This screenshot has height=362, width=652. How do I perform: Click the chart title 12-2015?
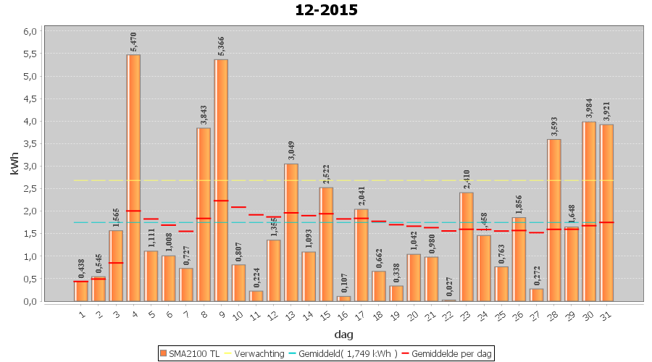[x=326, y=10]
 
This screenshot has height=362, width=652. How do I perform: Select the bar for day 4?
[x=133, y=177]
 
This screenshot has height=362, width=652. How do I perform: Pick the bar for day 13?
[x=291, y=232]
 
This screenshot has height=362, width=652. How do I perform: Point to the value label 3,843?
[x=204, y=114]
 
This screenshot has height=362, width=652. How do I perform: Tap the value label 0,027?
[x=449, y=286]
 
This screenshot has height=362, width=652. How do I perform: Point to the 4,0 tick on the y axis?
[x=30, y=122]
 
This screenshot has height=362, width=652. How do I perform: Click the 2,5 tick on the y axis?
[x=30, y=189]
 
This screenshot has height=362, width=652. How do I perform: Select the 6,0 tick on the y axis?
[x=30, y=32]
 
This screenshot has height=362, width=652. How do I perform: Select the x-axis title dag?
[x=343, y=334]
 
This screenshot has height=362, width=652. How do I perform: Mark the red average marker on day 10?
[x=238, y=207]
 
